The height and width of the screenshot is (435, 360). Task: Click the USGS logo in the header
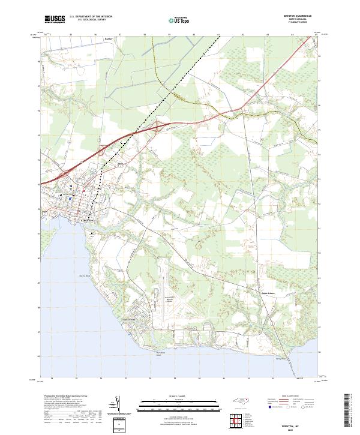click(54, 20)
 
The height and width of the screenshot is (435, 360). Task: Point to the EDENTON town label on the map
click(88, 221)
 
